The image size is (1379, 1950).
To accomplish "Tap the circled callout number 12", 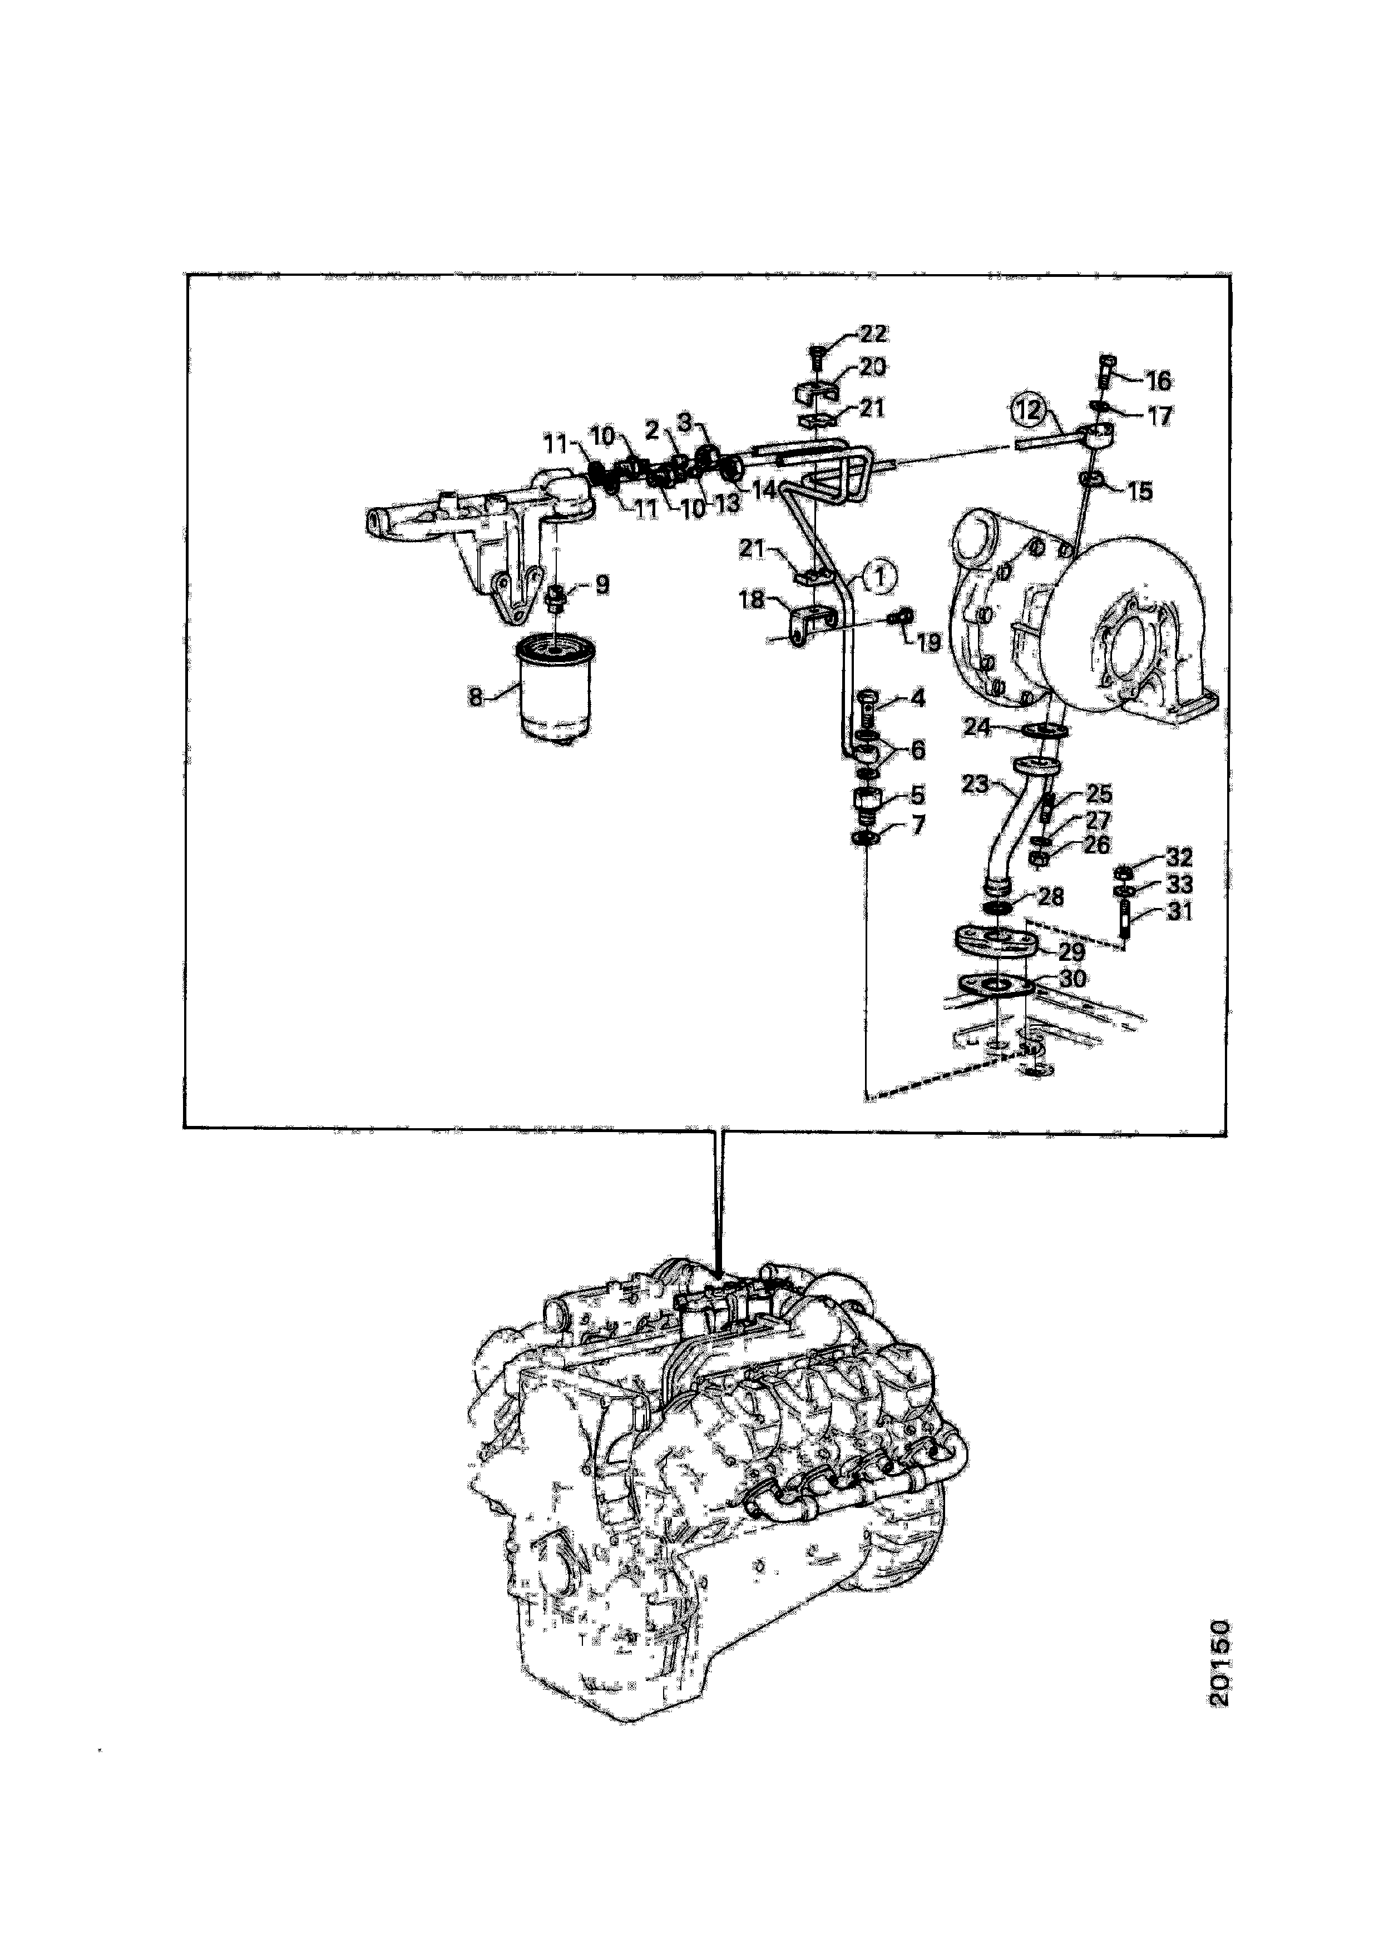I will pyautogui.click(x=1028, y=410).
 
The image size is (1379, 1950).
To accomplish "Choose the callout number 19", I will pyautogui.click(x=928, y=642).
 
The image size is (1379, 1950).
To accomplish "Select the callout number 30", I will pyautogui.click(x=1072, y=979).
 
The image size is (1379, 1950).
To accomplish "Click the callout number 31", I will pyautogui.click(x=1179, y=911).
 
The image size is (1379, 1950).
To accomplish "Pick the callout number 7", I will pyautogui.click(x=918, y=824).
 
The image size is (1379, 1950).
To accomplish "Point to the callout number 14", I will pyautogui.click(x=764, y=489).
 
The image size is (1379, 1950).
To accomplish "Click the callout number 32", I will pyautogui.click(x=1179, y=857).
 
